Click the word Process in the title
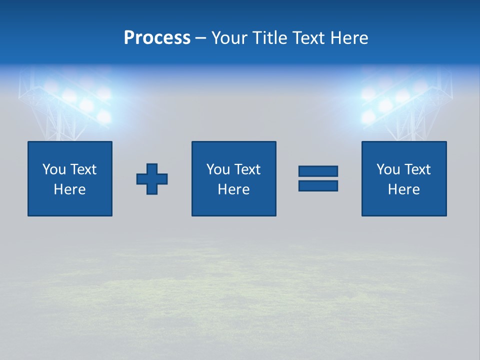pyautogui.click(x=157, y=38)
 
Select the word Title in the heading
pyautogui.click(x=269, y=38)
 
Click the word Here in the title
pyautogui.click(x=348, y=38)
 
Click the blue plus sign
pyautogui.click(x=152, y=179)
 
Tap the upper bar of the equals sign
pyautogui.click(x=318, y=171)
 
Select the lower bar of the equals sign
pyautogui.click(x=318, y=185)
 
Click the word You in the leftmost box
pyautogui.click(x=53, y=169)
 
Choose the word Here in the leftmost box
pyautogui.click(x=69, y=189)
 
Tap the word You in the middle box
pyautogui.click(x=217, y=169)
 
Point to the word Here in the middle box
pyautogui.click(x=233, y=189)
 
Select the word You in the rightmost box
pyautogui.click(x=387, y=169)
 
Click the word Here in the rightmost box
pyautogui.click(x=403, y=189)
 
